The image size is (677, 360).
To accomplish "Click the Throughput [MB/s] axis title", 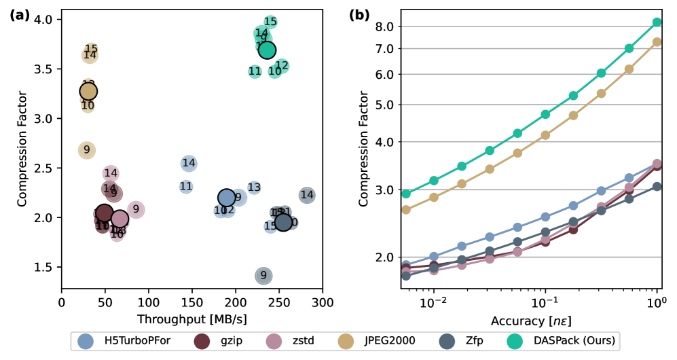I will pyautogui.click(x=191, y=317).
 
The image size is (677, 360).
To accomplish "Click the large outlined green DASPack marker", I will pyautogui.click(x=267, y=50).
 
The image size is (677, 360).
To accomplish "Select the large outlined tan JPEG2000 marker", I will pyautogui.click(x=88, y=91).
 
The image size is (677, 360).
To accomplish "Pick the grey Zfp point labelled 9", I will pyautogui.click(x=263, y=275).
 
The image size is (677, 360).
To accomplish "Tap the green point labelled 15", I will pyautogui.click(x=270, y=22).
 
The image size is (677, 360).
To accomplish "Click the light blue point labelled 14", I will pyautogui.click(x=189, y=163).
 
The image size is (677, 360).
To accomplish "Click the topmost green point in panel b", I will pyautogui.click(x=657, y=22).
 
